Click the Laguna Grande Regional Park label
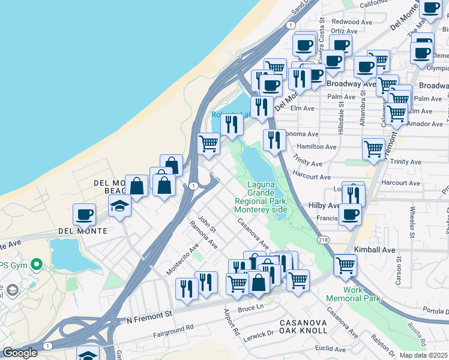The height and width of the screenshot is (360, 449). tap(261, 197)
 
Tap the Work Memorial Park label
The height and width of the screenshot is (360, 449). tap(345, 294)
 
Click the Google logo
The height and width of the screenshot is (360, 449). tap(20, 353)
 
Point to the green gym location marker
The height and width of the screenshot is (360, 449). tap(37, 264)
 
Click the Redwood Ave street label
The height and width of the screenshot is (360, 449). tap(351, 22)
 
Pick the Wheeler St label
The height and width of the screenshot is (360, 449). tap(412, 222)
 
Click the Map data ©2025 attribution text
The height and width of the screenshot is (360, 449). tap(423, 355)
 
